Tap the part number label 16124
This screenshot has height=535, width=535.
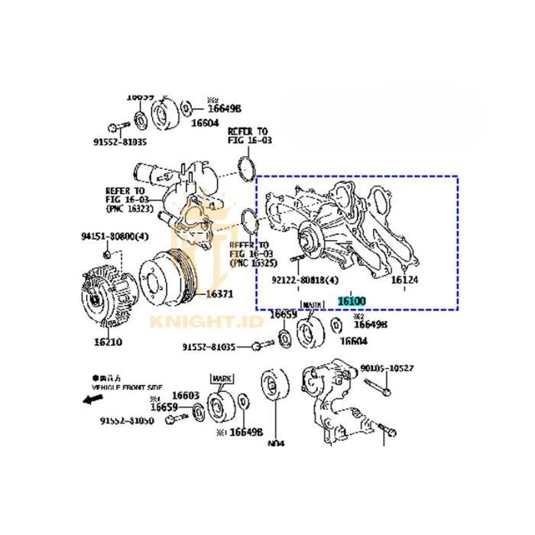coord(404,280)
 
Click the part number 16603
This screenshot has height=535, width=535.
coord(185,394)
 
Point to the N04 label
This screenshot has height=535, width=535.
coord(275,443)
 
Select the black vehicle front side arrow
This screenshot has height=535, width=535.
coord(92,398)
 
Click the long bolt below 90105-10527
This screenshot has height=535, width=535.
coord(382,386)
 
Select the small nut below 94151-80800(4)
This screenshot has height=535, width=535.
coord(109,253)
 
